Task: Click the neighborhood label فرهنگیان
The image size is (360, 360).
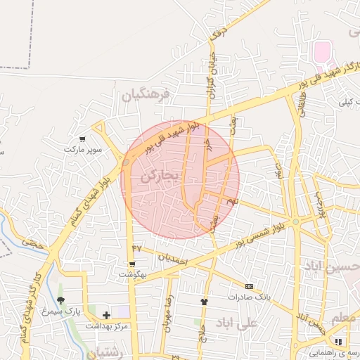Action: (x=146, y=94)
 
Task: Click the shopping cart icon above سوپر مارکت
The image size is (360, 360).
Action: (x=84, y=139)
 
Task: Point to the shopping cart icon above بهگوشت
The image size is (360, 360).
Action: (x=132, y=264)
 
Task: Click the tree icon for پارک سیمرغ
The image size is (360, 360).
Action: (x=60, y=300)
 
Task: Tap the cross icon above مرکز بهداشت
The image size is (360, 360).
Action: (x=106, y=315)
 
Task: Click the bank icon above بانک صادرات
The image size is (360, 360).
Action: (x=249, y=286)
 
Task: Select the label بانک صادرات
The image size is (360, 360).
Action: (x=253, y=297)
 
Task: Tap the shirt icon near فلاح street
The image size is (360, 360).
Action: (x=204, y=301)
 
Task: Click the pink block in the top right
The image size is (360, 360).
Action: (x=322, y=51)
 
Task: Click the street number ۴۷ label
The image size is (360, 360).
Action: (x=136, y=248)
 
